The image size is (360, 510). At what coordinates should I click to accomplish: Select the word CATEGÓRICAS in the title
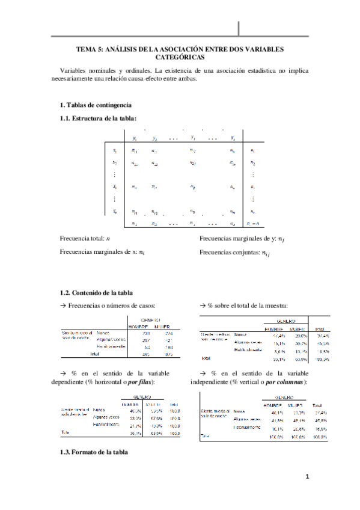[x=180, y=58]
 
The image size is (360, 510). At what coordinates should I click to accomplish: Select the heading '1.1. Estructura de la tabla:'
[x=99, y=118]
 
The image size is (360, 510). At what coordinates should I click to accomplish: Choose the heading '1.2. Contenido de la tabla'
[x=96, y=293]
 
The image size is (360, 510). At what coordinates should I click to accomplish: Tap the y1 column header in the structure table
[x=134, y=138]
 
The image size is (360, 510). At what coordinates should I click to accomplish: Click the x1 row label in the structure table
[x=115, y=150]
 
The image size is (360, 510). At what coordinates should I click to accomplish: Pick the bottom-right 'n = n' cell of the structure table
[x=252, y=224]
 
